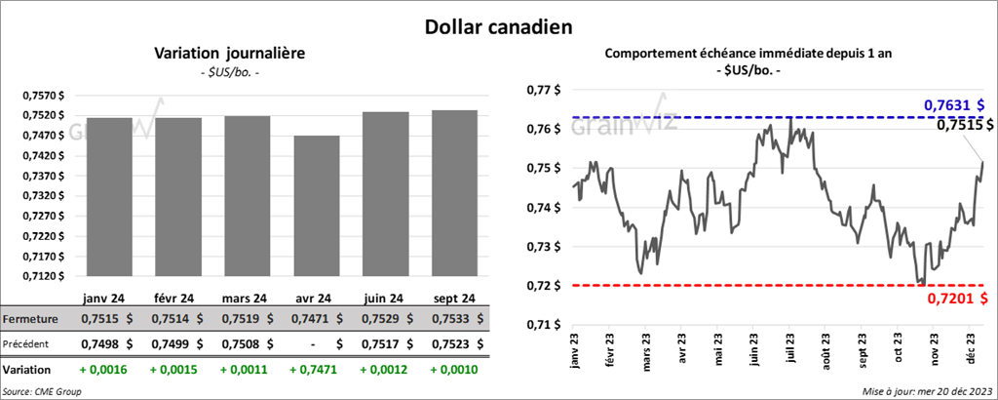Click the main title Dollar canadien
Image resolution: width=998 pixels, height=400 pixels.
[x=498, y=24]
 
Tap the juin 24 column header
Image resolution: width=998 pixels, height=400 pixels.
[x=386, y=298]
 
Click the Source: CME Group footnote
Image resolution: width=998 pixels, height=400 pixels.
[x=42, y=391]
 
